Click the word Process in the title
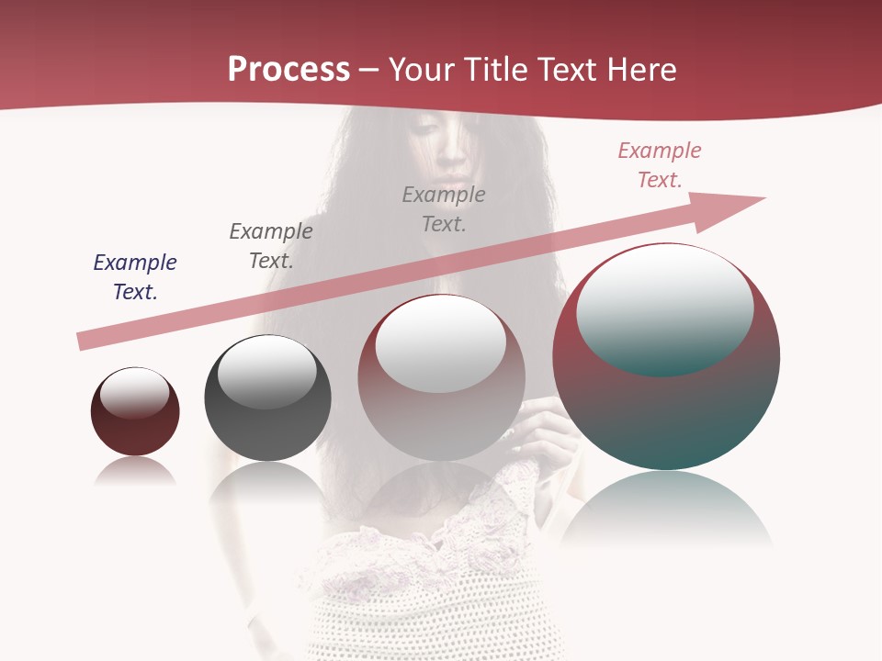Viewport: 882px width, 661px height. coord(288,70)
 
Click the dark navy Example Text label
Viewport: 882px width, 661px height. coord(135,276)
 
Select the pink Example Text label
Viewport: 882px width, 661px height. coord(660,165)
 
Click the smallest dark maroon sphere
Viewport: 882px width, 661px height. coord(135,427)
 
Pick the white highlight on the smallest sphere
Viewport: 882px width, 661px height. coord(135,393)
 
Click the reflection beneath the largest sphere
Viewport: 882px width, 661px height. coord(666,510)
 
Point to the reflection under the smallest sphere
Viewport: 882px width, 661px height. coord(135,471)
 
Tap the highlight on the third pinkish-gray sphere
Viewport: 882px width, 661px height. coord(441,342)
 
